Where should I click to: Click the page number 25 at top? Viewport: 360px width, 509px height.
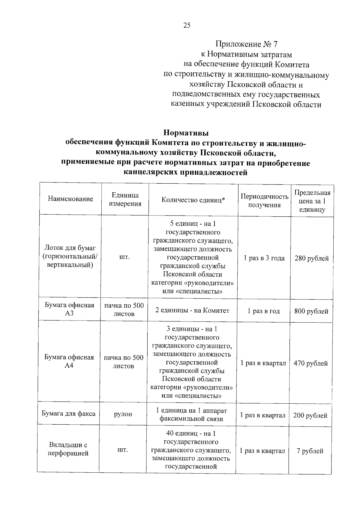tap(187, 25)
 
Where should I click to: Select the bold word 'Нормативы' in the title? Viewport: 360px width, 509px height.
tap(186, 132)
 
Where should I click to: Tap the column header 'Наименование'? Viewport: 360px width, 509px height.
tap(70, 199)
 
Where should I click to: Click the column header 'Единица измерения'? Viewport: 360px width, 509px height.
tap(125, 200)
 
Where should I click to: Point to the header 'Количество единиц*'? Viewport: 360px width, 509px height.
tap(193, 200)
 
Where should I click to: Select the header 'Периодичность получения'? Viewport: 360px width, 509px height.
tap(264, 201)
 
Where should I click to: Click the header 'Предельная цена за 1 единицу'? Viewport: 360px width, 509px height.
tap(312, 201)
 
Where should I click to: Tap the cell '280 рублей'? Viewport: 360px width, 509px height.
tap(312, 258)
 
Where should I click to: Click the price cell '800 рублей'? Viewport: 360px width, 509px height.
tap(311, 312)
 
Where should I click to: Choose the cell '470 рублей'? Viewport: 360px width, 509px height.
tap(311, 363)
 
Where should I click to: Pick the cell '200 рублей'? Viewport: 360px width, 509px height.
tap(310, 416)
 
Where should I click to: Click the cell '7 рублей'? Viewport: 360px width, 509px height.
tap(310, 451)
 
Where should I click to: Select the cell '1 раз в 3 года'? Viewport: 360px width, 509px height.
tap(264, 258)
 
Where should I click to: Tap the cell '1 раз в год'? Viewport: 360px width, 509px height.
tap(263, 311)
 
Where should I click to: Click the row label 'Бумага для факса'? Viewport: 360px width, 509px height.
tap(68, 414)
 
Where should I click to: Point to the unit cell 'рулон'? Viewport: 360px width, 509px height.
tap(123, 414)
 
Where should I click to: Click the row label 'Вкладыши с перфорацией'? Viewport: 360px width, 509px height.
tap(68, 449)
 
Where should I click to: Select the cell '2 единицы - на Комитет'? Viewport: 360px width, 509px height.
tap(192, 311)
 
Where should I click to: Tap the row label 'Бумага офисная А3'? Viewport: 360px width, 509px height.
tap(70, 309)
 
